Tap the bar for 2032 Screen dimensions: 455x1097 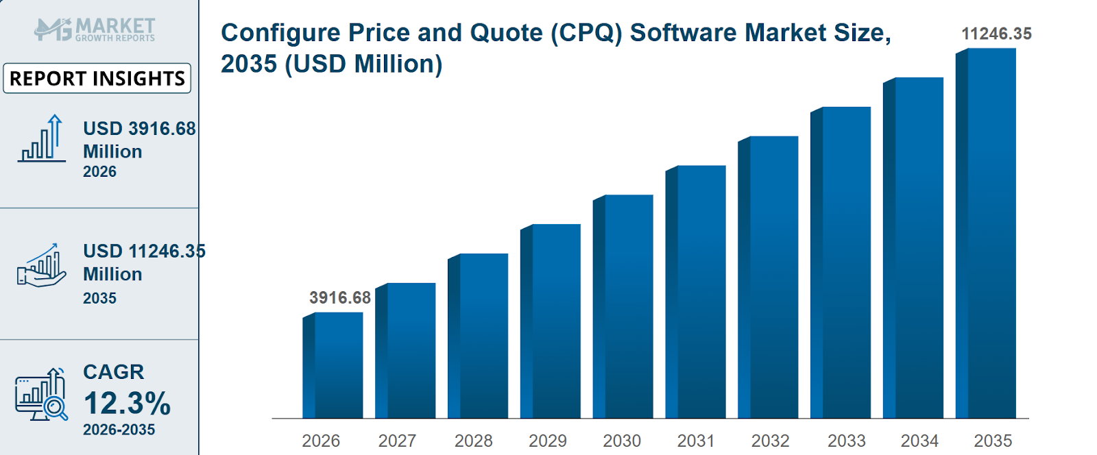click(769, 277)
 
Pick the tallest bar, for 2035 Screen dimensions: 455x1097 click(986, 233)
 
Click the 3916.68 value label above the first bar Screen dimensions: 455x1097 click(339, 297)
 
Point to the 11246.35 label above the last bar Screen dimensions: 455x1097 click(996, 34)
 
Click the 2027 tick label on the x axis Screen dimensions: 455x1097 click(397, 441)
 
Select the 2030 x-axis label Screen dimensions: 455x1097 click(622, 441)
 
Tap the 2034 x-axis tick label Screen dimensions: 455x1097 click(919, 441)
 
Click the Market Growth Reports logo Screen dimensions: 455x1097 click(95, 29)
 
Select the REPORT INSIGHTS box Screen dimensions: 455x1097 click(97, 78)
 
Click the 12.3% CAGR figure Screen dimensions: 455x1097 click(127, 403)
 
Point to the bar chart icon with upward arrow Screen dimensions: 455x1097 click(42, 139)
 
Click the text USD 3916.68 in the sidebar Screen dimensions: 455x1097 click(139, 129)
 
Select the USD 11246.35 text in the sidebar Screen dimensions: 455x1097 click(144, 251)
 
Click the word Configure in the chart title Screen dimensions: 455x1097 click(280, 33)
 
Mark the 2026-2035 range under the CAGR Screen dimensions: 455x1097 click(119, 430)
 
